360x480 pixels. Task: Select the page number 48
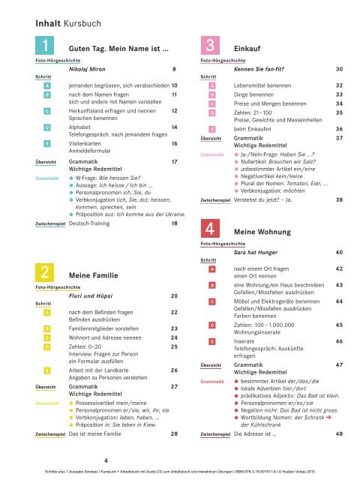pos(340,433)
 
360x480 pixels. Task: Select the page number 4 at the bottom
pos(104,460)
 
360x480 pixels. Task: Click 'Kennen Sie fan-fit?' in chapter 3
pos(266,69)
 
